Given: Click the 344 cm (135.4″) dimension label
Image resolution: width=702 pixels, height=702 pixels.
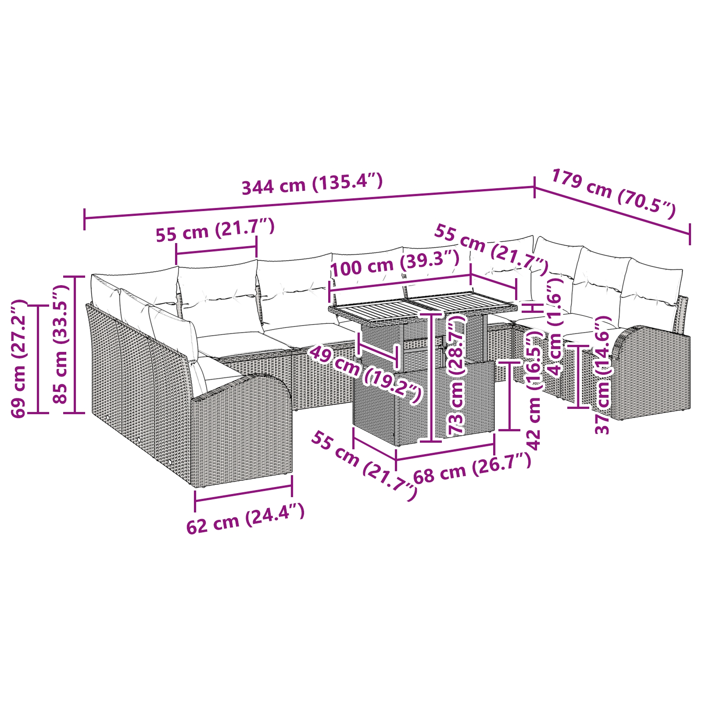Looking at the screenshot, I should pos(312,184).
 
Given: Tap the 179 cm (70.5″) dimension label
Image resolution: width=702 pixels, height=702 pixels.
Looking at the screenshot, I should pos(613,193).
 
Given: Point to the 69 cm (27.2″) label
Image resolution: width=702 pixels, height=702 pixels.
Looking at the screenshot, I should pos(19,358).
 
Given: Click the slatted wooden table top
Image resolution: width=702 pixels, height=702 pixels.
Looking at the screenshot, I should pos(421,307).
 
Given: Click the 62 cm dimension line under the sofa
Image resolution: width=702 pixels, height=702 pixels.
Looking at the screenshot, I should pos(244,494).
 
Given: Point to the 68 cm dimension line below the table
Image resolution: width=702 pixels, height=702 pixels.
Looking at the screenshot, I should pos(445,452).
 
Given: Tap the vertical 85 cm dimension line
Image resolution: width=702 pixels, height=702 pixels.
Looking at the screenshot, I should pos(75,344).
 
